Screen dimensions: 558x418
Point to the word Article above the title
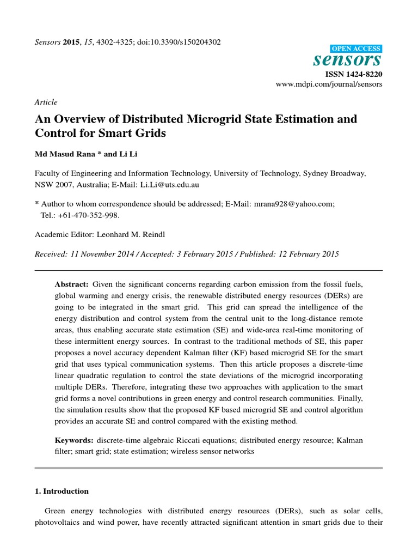click(x=46, y=102)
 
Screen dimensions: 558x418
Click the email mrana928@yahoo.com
click(x=293, y=203)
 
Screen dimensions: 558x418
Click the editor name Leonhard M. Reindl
click(x=138, y=235)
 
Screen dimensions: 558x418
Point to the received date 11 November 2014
click(x=97, y=254)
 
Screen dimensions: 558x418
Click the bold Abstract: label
click(x=72, y=284)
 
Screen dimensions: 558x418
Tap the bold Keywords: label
click(x=74, y=439)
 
